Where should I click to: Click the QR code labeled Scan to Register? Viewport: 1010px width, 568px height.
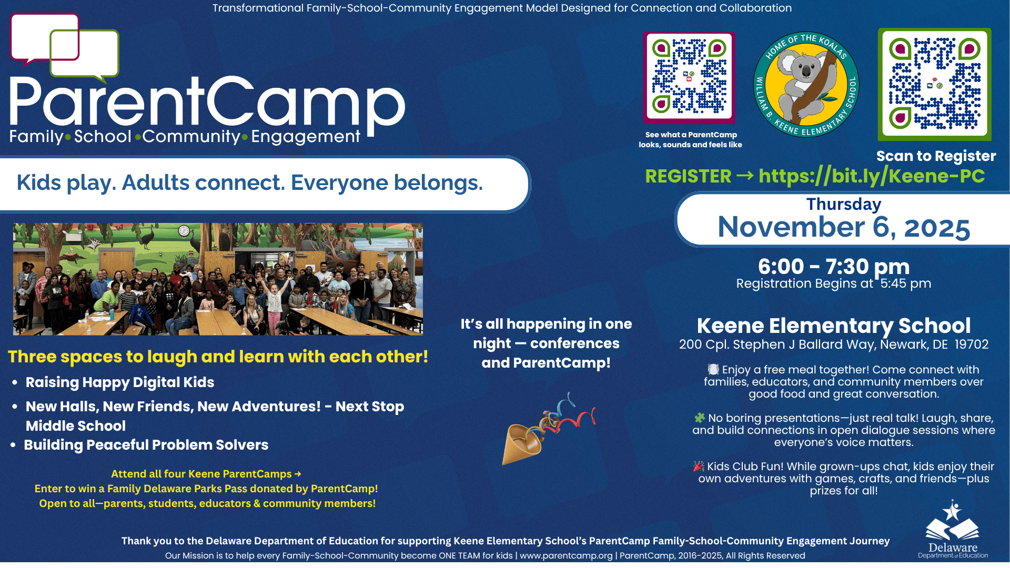[x=934, y=84]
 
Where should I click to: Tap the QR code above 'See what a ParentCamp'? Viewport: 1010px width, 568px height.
[x=689, y=77]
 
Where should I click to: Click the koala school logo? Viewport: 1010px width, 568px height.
[x=806, y=84]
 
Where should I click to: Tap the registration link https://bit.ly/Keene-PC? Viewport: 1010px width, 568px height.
[x=872, y=176]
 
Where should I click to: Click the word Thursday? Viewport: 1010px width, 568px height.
[x=844, y=204]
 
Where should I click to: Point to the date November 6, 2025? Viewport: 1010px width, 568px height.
[x=844, y=227]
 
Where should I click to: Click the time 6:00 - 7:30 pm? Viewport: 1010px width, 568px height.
[x=834, y=267]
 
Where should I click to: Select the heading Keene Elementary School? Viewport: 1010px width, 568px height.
[x=834, y=326]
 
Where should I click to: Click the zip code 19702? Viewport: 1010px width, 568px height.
[x=972, y=344]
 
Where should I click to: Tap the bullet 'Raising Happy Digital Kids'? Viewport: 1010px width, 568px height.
[x=120, y=382]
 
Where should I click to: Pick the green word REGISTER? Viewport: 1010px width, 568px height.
[x=688, y=176]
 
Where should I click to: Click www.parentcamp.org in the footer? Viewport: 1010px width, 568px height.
[x=566, y=556]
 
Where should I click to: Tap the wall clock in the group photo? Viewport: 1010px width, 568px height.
[x=184, y=230]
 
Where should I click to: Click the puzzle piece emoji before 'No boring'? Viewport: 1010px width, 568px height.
[x=700, y=418]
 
